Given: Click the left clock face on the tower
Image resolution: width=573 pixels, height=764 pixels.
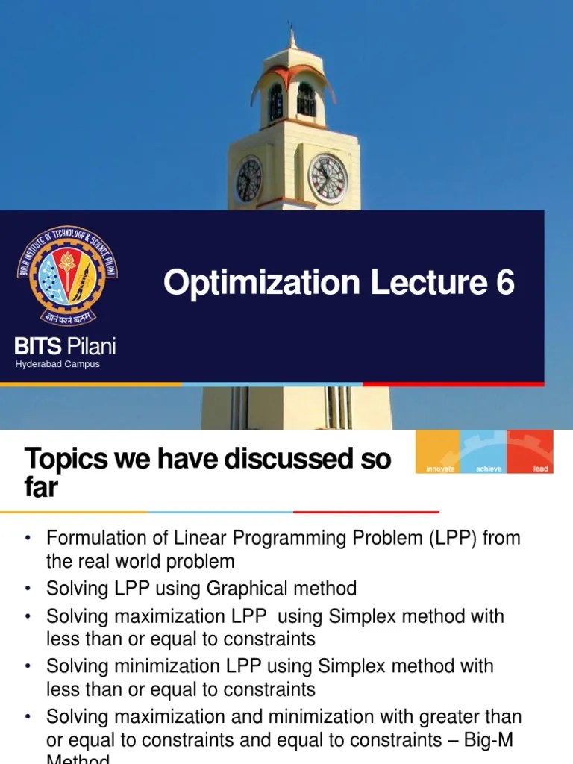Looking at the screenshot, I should (248, 180).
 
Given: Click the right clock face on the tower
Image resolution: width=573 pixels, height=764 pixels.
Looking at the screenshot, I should (328, 178).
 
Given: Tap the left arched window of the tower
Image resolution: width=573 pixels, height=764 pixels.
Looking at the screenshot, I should (275, 101).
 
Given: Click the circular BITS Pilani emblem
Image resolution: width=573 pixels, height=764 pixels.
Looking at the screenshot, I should (67, 277).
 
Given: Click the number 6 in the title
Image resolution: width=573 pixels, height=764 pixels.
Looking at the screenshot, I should (504, 283).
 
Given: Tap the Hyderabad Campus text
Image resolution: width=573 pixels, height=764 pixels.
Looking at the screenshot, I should (57, 364).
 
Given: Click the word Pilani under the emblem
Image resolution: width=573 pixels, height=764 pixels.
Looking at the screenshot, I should (92, 346).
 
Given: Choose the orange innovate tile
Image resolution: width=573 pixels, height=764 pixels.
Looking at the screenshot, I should (439, 452).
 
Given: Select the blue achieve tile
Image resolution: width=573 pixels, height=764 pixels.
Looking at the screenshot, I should (484, 452).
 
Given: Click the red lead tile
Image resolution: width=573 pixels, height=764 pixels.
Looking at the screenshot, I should (530, 452).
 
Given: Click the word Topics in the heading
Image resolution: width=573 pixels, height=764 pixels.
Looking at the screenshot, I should (66, 459).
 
